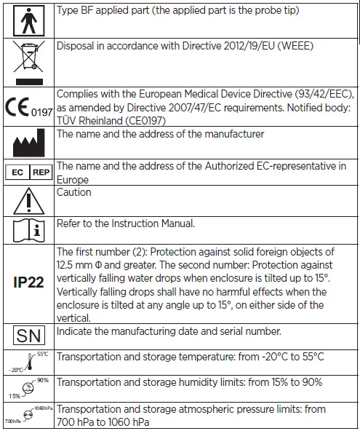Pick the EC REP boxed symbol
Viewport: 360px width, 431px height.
pyautogui.click(x=28, y=173)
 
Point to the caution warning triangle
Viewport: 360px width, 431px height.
pyautogui.click(x=28, y=200)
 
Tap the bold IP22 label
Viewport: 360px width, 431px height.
pyautogui.click(x=28, y=284)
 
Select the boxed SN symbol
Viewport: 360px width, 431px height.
pyautogui.click(x=28, y=336)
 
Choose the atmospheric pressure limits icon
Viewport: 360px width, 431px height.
pyautogui.click(x=28, y=413)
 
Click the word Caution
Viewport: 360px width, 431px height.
pyautogui.click(x=74, y=192)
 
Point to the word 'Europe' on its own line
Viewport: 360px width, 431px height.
pyautogui.click(x=73, y=179)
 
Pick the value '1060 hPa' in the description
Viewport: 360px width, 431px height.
pyautogui.click(x=140, y=421)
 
